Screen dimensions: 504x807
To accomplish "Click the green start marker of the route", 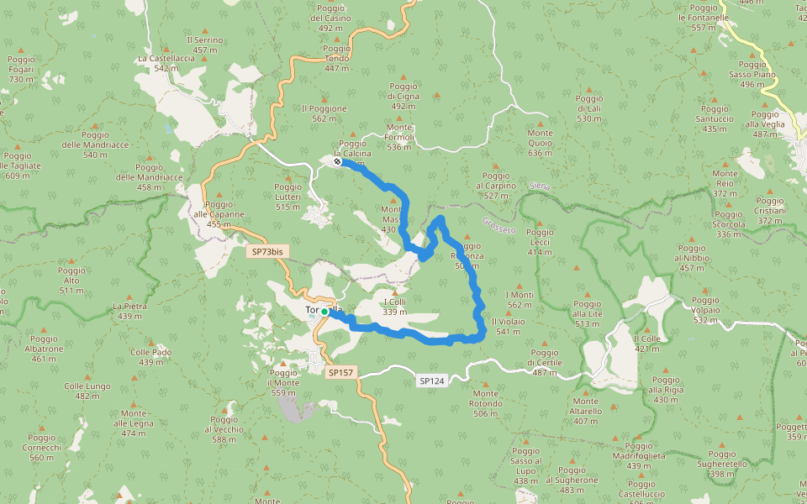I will pos(324,312).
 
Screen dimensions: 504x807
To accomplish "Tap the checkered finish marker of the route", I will pos(337,161).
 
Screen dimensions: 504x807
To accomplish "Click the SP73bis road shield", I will pos(266,251).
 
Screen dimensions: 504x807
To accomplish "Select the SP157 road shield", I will pos(340,371).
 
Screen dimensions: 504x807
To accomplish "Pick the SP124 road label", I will pos(430,381).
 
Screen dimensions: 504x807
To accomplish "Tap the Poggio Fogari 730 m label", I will pos(20,69).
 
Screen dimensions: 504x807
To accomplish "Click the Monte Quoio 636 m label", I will pos(540,143).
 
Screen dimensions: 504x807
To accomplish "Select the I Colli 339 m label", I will pos(394,307).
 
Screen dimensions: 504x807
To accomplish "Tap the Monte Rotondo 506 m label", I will pos(487,403).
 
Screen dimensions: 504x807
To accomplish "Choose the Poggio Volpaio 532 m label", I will pos(705,310).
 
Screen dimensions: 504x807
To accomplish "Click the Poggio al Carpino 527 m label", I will pos(495,190).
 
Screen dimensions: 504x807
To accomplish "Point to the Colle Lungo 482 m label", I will pos(87,391).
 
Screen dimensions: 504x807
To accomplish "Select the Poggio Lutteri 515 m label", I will pos(287,197).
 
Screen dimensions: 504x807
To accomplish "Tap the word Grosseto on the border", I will pos(499,226).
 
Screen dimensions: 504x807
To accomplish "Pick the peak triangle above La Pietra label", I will pos(129,297).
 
